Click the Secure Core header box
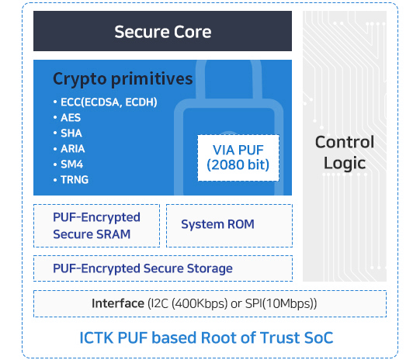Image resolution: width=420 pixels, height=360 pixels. pyautogui.click(x=162, y=31)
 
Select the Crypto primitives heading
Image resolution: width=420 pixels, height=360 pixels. pyautogui.click(x=123, y=79)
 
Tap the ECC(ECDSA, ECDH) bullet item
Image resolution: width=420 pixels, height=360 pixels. pyautogui.click(x=106, y=102)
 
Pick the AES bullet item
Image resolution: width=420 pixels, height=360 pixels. pyautogui.click(x=67, y=118)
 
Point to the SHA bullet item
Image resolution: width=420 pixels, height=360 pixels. pyautogui.click(x=68, y=133)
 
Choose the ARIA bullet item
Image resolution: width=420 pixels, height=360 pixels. pyautogui.click(x=69, y=149)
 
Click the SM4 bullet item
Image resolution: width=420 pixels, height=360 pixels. pyautogui.click(x=68, y=164)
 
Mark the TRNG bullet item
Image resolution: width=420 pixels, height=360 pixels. pyautogui.click(x=71, y=180)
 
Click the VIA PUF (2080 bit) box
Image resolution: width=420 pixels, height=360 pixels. pyautogui.click(x=238, y=158)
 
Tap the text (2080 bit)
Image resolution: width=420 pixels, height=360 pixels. pyautogui.click(x=238, y=165)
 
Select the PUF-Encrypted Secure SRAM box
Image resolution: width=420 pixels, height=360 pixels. pyautogui.click(x=97, y=226)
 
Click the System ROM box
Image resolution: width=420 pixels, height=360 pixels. pyautogui.click(x=229, y=226)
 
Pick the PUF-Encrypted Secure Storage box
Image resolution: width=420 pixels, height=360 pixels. pyautogui.click(x=163, y=268)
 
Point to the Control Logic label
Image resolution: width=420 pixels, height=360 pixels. pyautogui.click(x=345, y=152)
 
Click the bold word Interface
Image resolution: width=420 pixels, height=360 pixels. pyautogui.click(x=118, y=303)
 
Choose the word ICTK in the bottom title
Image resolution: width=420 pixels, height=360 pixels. pyautogui.click(x=96, y=337)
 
